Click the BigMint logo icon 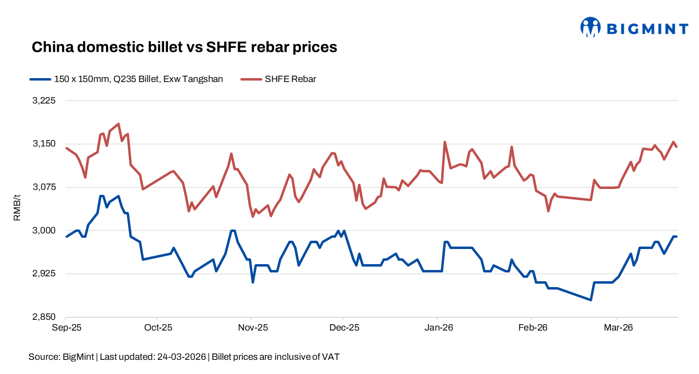[x=590, y=27]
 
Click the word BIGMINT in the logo [x=647, y=29]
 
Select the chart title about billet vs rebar [x=185, y=47]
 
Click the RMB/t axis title [x=17, y=209]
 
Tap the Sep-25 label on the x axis [x=66, y=328]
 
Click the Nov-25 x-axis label [x=251, y=328]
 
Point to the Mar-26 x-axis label [x=618, y=328]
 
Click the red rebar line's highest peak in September [x=119, y=124]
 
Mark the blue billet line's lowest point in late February [x=591, y=300]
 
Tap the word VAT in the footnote [x=331, y=357]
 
